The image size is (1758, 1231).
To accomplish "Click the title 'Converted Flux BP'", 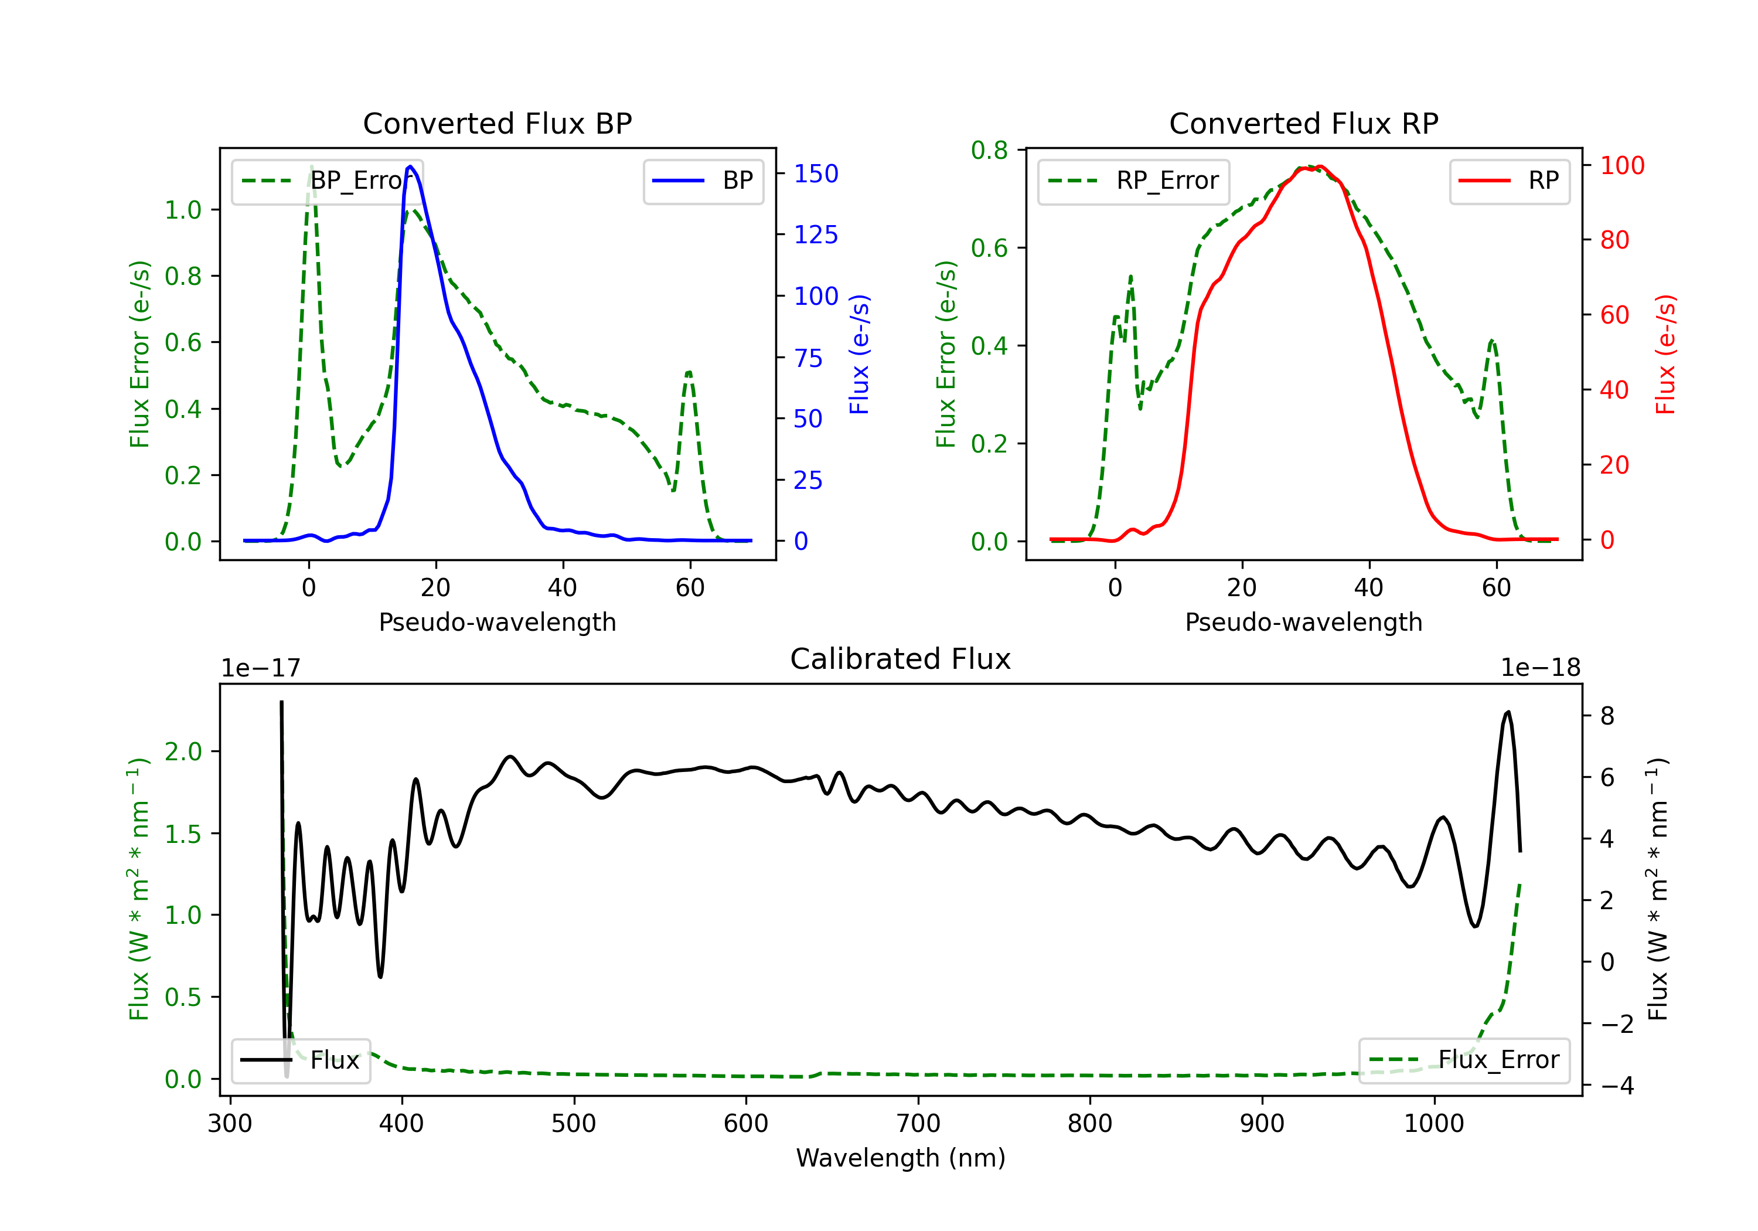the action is coord(498,123).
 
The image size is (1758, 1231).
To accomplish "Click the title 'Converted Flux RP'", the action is coord(1304,123).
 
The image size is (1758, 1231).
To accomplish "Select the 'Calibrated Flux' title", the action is coord(901,659).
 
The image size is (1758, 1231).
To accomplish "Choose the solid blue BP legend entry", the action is coord(703,181).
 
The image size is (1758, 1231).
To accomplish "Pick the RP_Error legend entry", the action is coord(1133,181).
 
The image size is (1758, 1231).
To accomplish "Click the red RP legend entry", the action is coord(1509,181).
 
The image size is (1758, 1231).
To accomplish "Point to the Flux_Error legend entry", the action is coord(1464,1060).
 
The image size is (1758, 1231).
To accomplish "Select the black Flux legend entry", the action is coord(300,1060).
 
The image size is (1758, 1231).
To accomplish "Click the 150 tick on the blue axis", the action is coord(816,174).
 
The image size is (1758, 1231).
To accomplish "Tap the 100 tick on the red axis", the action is coord(1623,165).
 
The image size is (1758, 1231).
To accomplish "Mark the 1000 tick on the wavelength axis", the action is coord(1434,1124).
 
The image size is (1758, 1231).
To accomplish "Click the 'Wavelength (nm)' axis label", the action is coord(901,1158).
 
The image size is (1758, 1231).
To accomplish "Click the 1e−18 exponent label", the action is coord(1541,668).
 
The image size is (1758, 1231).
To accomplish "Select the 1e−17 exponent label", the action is coord(261,668).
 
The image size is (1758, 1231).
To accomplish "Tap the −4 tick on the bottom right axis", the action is coord(1616,1086).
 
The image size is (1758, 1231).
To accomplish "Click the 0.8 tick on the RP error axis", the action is coord(989,150).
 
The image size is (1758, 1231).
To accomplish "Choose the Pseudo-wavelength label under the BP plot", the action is coord(498,622).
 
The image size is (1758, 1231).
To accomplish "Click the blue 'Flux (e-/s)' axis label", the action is coord(859,354).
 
